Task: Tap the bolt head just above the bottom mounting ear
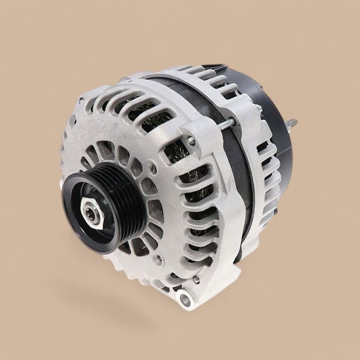pyautogui.click(x=195, y=279)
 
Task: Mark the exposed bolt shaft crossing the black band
pyautogui.click(x=226, y=123)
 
